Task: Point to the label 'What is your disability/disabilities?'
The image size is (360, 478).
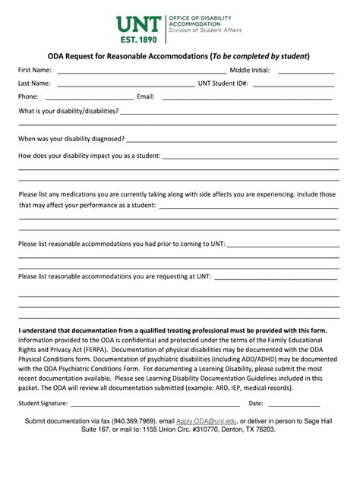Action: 68,111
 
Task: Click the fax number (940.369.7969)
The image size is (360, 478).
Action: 134,420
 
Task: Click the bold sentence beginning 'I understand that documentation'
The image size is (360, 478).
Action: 172,331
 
